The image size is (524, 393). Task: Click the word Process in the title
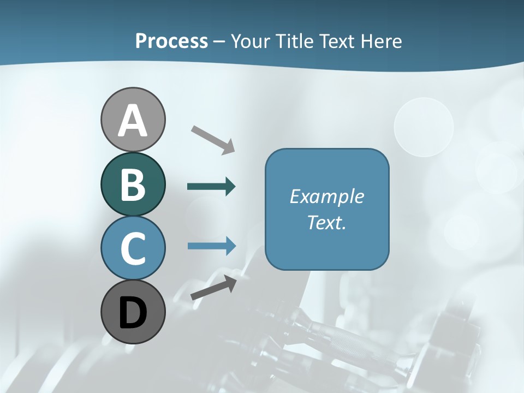[x=171, y=41]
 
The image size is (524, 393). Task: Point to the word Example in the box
[x=326, y=196]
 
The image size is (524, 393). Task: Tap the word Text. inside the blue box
[x=326, y=222]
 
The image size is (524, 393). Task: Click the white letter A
[x=133, y=121]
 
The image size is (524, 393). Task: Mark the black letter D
[x=133, y=313]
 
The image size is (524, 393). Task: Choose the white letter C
[x=133, y=249]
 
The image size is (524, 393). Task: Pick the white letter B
[x=133, y=185]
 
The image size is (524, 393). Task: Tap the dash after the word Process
[x=219, y=42]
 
